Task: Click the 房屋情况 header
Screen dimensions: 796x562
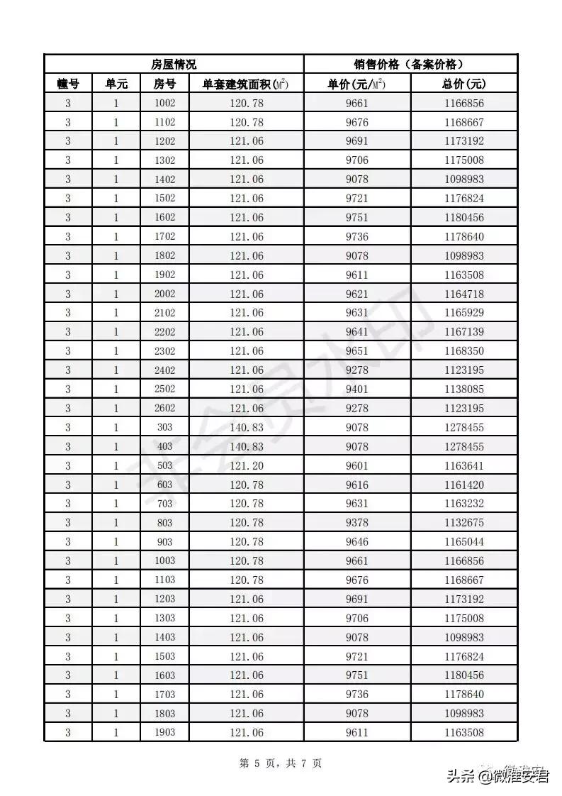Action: click(174, 65)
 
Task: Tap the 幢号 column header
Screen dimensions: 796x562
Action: click(68, 84)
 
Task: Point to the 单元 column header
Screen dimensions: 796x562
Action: click(116, 84)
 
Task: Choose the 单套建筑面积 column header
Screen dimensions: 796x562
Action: click(246, 84)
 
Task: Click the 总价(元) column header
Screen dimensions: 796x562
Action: click(463, 84)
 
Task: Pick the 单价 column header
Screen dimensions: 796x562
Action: click(356, 84)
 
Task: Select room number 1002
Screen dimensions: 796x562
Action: click(164, 103)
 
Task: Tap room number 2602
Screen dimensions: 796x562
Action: click(164, 408)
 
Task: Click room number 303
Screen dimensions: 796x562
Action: click(164, 427)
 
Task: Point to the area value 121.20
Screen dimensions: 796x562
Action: click(246, 465)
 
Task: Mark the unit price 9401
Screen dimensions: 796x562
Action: click(356, 389)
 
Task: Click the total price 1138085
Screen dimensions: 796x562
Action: click(463, 389)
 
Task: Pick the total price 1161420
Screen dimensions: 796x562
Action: click(463, 485)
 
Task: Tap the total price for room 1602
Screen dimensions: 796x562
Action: click(463, 217)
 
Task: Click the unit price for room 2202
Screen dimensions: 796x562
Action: click(356, 332)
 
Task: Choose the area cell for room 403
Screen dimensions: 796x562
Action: click(246, 446)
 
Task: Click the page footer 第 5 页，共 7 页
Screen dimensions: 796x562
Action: click(281, 763)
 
